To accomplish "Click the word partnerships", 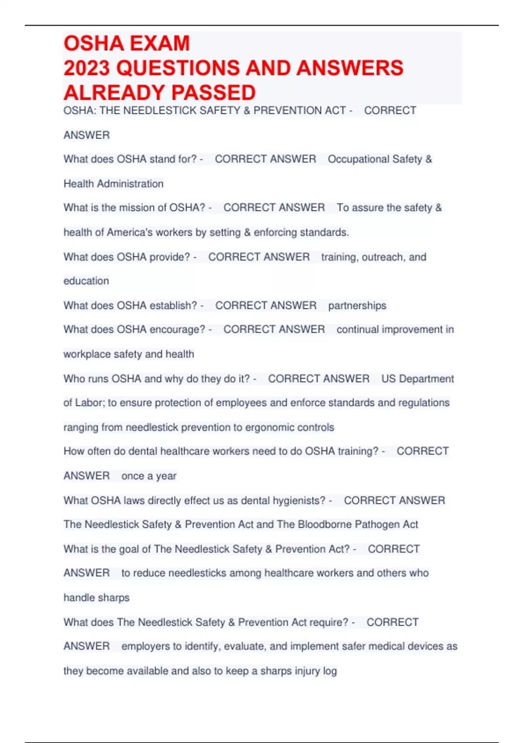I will pyautogui.click(x=357, y=306).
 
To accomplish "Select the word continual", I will pyautogui.click(x=358, y=330).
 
